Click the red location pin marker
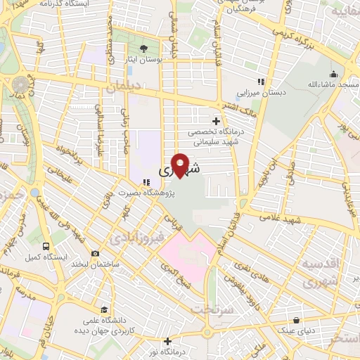[x=181, y=165]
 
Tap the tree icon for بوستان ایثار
[x=143, y=49]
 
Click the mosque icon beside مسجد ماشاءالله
[x=333, y=74]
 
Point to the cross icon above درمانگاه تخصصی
[x=216, y=121]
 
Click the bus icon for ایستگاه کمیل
[x=46, y=247]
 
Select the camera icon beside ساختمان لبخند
[x=95, y=254]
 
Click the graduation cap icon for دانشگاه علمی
[x=104, y=309]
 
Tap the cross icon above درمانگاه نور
[x=167, y=340]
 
